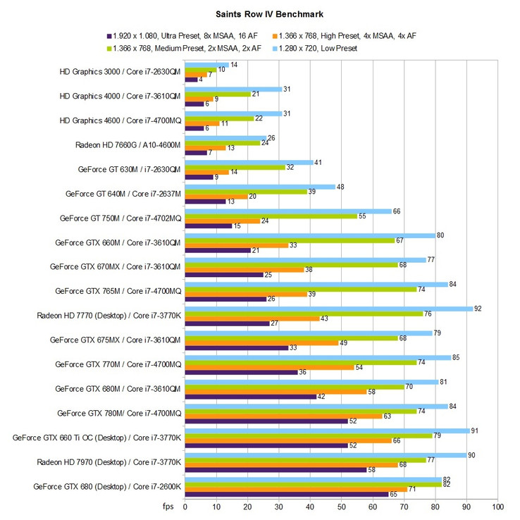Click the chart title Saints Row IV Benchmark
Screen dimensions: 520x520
260,13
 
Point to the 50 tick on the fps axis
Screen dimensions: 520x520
342,505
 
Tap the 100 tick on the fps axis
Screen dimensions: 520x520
498,505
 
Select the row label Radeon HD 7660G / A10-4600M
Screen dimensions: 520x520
128,145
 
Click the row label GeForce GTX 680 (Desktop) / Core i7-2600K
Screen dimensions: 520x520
107,486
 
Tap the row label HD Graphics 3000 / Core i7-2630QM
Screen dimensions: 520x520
121,72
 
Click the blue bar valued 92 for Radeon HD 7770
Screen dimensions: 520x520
329,308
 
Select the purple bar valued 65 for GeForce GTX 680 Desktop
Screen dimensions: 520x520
286,494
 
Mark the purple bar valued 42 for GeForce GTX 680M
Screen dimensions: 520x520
250,397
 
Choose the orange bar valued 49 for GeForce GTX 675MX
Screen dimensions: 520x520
261,342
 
